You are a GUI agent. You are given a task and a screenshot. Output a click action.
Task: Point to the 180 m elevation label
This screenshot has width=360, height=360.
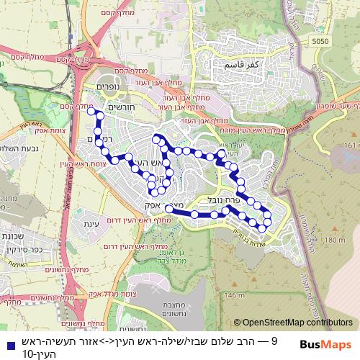tap(335, 240)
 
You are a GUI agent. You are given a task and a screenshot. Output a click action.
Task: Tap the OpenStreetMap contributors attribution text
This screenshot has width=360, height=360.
tap(293, 323)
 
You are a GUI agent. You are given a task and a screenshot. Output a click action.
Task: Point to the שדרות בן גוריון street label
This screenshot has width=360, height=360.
tap(259, 233)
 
